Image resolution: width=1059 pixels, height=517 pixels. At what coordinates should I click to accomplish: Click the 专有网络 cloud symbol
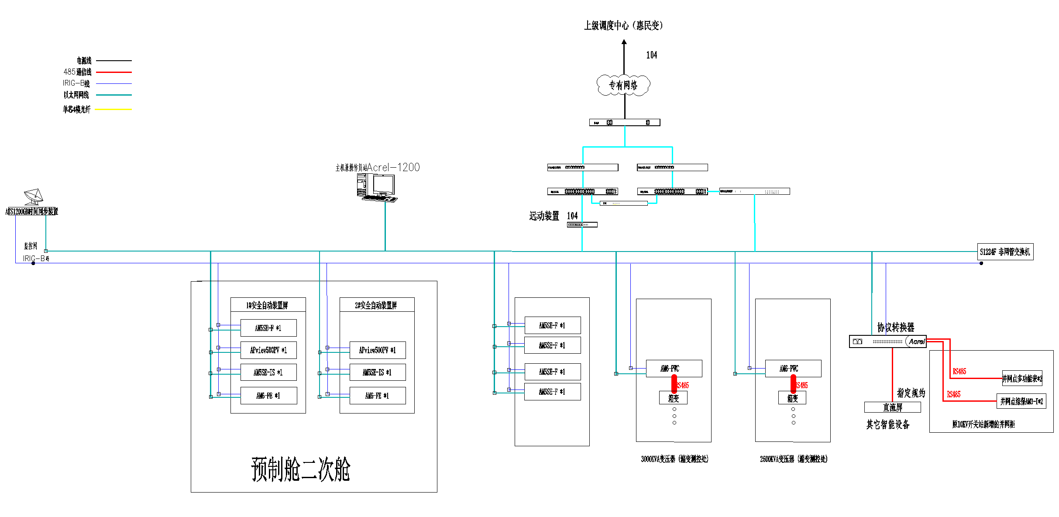click(623, 85)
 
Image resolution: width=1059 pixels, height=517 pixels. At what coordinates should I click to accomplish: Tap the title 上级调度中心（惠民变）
click(623, 25)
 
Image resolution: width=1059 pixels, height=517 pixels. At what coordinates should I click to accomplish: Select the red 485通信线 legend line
click(113, 72)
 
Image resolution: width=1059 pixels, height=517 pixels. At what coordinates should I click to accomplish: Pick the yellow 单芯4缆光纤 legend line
click(113, 109)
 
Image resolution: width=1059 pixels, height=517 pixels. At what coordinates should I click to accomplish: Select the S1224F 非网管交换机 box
click(1005, 252)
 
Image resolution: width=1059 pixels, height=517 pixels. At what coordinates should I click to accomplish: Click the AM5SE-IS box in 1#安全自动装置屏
click(268, 372)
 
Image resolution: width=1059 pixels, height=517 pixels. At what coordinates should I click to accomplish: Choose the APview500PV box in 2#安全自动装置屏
click(378, 350)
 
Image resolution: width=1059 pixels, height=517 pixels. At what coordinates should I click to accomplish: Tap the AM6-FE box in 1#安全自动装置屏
click(268, 396)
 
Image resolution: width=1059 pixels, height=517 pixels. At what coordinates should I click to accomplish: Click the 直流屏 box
click(892, 407)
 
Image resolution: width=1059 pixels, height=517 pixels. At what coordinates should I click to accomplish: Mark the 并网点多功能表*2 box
click(1022, 379)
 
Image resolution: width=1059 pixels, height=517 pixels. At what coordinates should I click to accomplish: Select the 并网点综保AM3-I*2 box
click(1021, 401)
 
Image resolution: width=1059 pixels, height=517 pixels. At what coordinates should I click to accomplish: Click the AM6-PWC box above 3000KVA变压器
click(674, 369)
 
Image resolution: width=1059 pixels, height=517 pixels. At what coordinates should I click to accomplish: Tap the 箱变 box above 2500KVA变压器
click(792, 398)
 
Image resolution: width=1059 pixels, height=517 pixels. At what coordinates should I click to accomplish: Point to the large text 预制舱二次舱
click(301, 469)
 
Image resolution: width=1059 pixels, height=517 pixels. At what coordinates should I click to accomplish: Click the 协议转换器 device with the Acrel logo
click(887, 341)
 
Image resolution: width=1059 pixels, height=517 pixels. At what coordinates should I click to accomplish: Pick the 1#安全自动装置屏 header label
click(268, 305)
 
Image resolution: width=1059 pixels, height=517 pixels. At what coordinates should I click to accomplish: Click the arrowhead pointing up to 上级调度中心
click(624, 42)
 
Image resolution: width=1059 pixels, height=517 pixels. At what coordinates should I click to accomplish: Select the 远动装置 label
click(544, 216)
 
